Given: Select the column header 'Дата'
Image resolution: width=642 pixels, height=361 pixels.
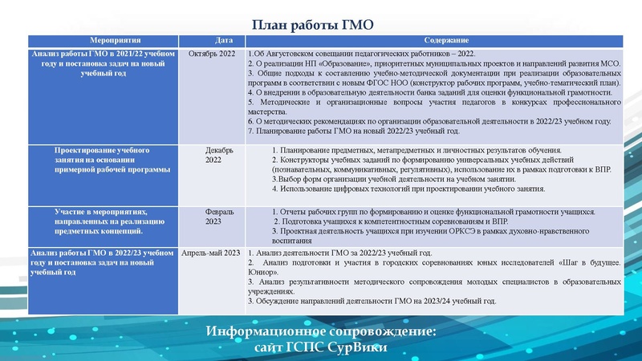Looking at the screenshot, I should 224,39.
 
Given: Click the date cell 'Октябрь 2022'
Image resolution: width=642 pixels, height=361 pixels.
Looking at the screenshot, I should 212,53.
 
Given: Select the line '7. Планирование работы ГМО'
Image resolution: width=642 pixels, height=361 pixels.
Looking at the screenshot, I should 354,131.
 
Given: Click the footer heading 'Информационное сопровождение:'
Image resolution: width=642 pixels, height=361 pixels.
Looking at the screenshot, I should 320,331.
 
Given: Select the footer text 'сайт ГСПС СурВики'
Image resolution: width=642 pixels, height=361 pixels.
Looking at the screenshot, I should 320,347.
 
